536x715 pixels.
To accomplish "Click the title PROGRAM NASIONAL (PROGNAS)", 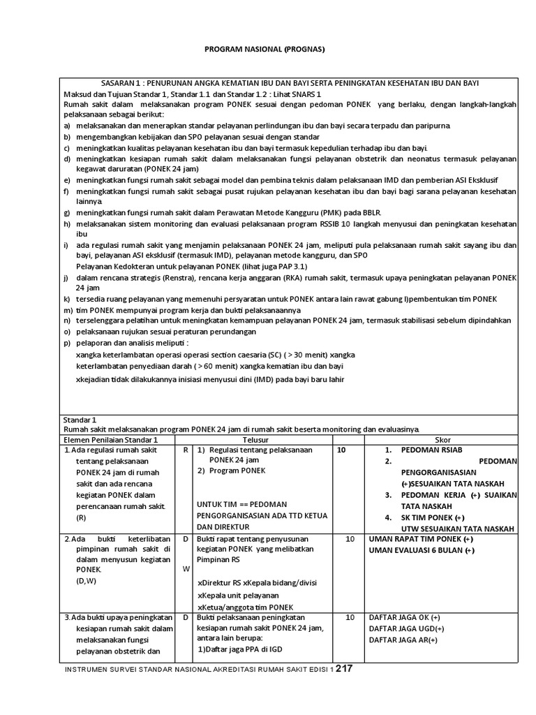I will pyautogui.click(x=255, y=50).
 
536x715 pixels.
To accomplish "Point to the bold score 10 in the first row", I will pyautogui.click(x=341, y=451).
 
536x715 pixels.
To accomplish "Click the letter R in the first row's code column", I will pyautogui.click(x=186, y=451).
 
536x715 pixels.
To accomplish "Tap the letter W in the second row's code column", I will pyautogui.click(x=186, y=568).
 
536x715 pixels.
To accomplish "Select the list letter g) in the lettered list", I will pyautogui.click(x=67, y=212).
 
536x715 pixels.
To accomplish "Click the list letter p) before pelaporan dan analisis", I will pyautogui.click(x=67, y=343).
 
